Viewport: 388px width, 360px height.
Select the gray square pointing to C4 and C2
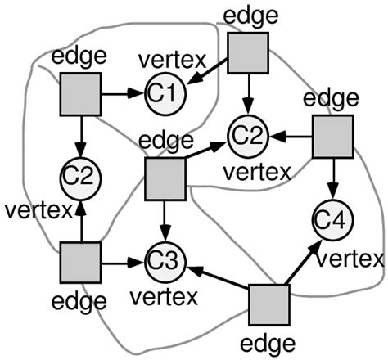tap(332, 135)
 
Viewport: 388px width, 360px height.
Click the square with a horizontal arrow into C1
tap(80, 93)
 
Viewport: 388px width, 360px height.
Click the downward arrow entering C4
tap(333, 182)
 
